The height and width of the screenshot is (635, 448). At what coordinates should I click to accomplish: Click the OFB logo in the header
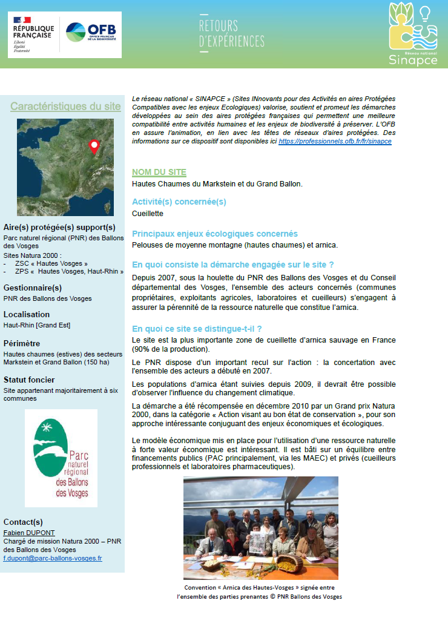point(91,33)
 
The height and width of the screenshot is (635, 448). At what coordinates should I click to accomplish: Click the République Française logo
point(33,35)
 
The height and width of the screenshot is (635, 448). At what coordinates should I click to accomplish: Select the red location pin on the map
point(94,146)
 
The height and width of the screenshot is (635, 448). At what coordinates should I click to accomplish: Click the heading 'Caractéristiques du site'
point(65,107)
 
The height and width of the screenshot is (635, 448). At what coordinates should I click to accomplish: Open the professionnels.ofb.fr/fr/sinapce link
point(335,140)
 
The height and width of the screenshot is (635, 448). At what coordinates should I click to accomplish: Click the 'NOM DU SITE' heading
point(159,173)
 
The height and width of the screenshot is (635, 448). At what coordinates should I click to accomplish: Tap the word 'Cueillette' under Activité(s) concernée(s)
point(148,214)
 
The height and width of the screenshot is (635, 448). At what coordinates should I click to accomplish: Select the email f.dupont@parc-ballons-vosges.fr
point(53,558)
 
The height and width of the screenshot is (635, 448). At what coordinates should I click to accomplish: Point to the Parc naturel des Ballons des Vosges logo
point(61,458)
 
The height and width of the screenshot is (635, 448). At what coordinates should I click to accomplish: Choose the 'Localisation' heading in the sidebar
point(27,315)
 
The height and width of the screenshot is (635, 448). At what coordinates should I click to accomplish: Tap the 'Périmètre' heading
point(22,343)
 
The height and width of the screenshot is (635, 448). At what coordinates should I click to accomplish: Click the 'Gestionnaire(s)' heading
point(33,288)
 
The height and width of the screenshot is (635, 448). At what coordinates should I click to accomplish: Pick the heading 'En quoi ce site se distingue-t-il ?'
point(197,329)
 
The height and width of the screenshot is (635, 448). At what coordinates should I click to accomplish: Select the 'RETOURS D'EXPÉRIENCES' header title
point(231,34)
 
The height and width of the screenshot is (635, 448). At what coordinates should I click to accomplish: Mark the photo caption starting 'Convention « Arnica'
point(259,591)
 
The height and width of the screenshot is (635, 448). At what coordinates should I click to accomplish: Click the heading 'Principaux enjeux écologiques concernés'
point(215,234)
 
